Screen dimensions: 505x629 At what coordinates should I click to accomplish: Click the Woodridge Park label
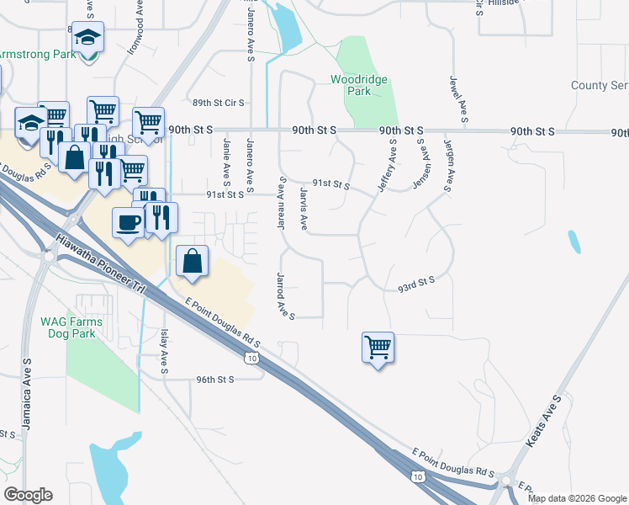(362, 84)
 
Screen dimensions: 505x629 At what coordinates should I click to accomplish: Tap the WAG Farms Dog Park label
(71, 327)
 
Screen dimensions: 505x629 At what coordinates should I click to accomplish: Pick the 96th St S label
(214, 380)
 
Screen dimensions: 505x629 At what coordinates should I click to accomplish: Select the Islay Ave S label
(164, 351)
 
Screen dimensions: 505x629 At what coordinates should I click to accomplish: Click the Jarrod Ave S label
(284, 295)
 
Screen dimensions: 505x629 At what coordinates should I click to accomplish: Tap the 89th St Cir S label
(218, 103)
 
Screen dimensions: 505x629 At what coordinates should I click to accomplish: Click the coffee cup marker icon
(128, 223)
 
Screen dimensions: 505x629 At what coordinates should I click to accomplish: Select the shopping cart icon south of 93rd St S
(378, 346)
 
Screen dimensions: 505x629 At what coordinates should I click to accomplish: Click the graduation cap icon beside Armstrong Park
(87, 38)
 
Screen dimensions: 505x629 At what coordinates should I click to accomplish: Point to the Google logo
(29, 495)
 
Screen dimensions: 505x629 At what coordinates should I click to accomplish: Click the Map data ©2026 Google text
(577, 498)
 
